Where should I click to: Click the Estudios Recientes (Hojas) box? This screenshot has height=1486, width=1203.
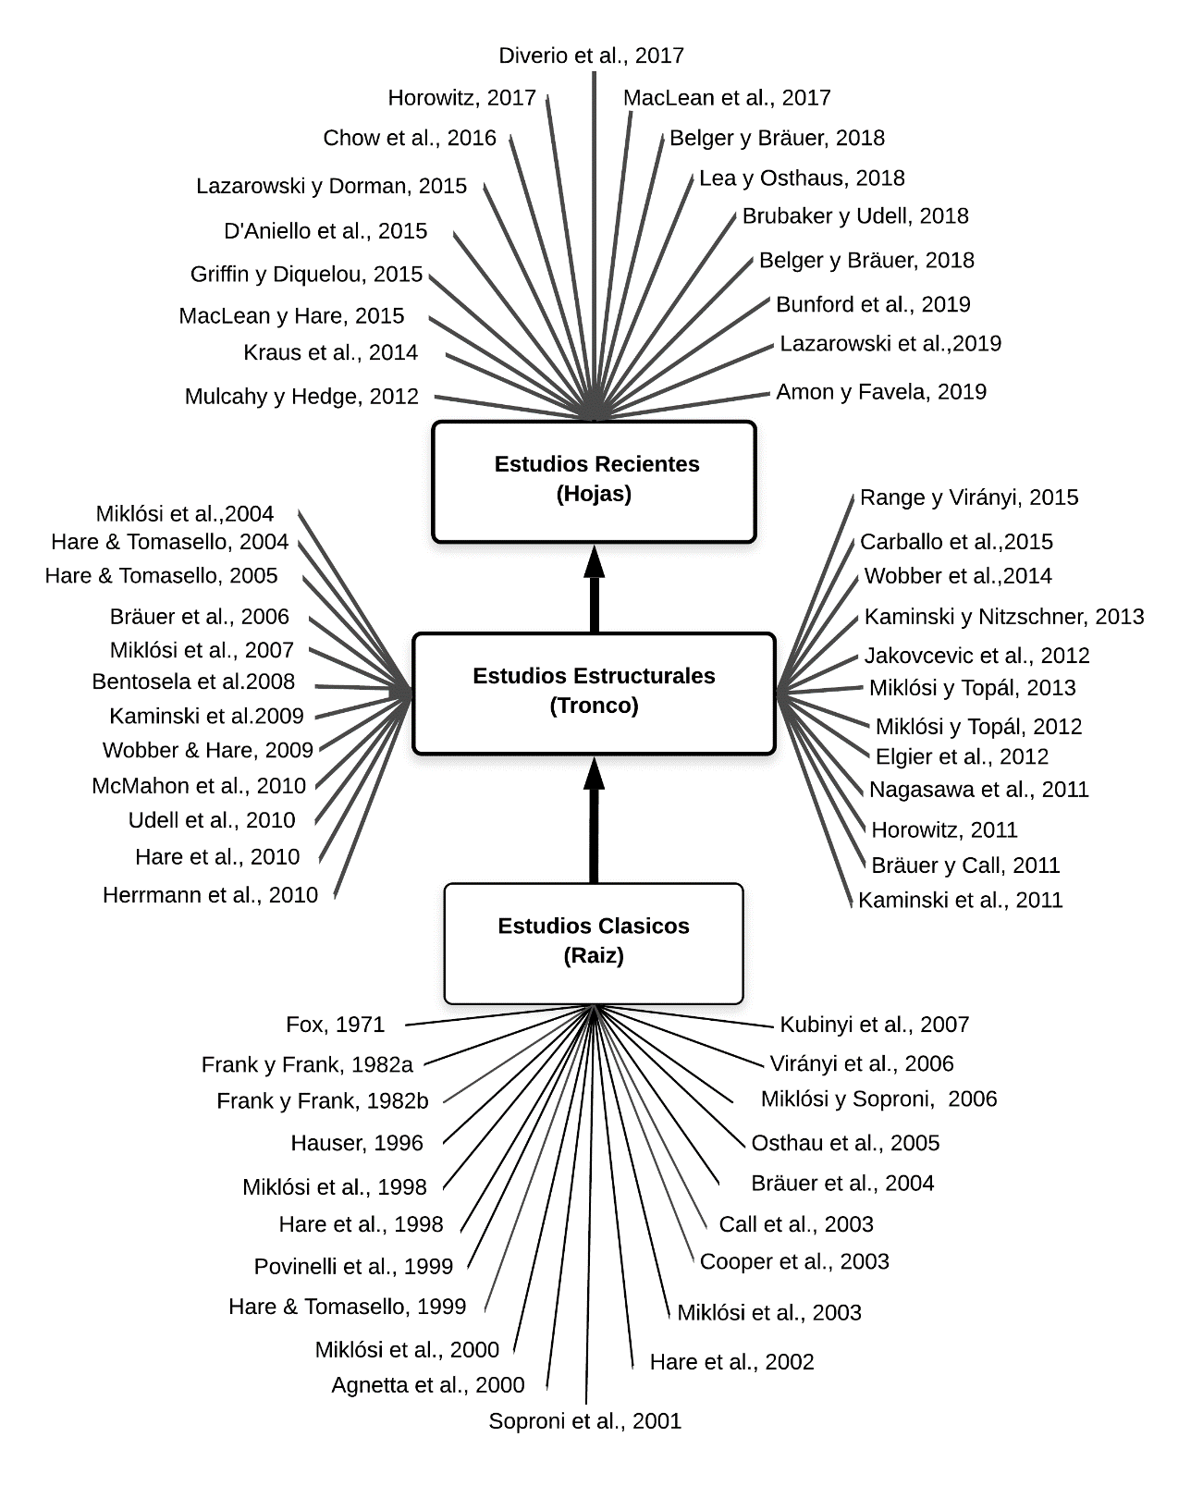[594, 481]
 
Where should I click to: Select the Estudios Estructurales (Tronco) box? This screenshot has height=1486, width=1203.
[594, 693]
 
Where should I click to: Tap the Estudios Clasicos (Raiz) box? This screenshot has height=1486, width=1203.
[594, 942]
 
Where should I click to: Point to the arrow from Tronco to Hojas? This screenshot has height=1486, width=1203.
[594, 592]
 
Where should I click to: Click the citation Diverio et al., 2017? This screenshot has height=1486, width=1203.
[591, 55]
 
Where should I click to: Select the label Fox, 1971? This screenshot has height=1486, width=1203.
[335, 1025]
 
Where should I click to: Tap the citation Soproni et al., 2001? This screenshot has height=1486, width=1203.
[584, 1421]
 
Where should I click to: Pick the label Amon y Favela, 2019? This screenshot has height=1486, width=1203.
[881, 392]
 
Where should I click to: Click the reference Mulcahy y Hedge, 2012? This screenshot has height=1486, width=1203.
[301, 397]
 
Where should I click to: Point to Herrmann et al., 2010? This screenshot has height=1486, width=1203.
[210, 895]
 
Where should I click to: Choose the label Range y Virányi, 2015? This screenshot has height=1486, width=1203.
[969, 497]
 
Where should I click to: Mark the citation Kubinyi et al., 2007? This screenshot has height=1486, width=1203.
[874, 1025]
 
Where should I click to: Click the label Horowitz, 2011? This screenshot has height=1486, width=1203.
[944, 830]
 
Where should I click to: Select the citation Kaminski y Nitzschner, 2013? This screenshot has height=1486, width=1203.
[1004, 617]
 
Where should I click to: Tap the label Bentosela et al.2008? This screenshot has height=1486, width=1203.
[193, 682]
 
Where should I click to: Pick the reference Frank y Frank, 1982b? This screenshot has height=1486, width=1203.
[323, 1101]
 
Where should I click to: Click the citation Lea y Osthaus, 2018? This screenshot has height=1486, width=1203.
[802, 178]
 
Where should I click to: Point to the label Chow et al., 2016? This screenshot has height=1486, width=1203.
[410, 138]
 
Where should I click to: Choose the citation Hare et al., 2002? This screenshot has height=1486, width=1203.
[731, 1362]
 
